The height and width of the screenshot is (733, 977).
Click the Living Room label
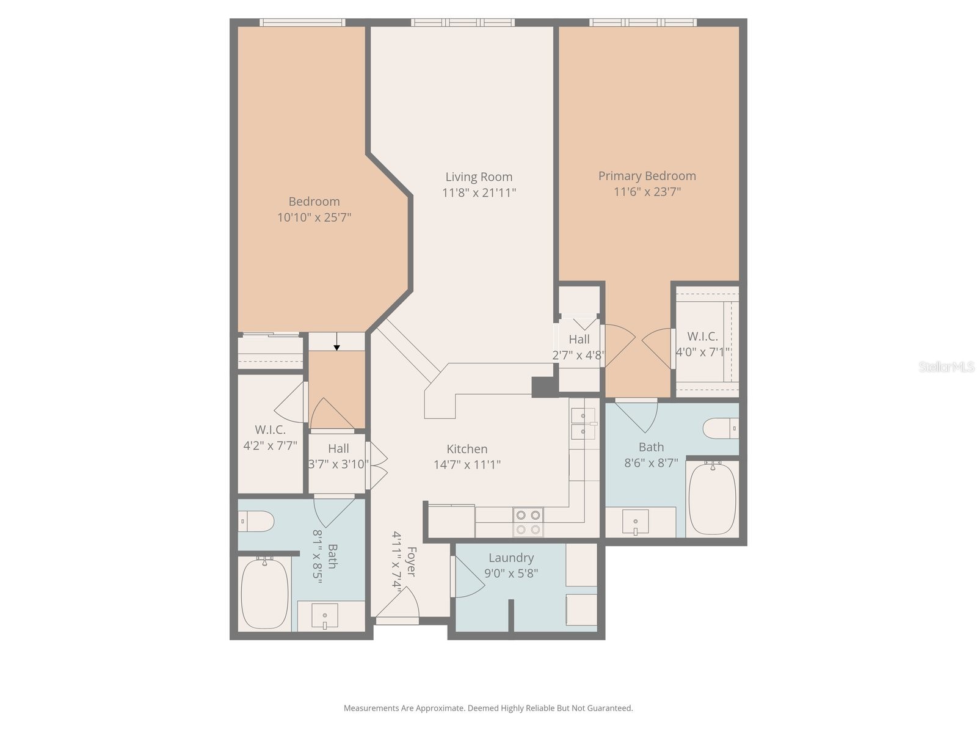pos(479,177)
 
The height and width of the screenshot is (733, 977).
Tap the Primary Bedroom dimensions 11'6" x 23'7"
pos(647,192)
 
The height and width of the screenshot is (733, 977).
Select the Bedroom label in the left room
pos(314,202)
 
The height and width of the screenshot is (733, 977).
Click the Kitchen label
pos(467,449)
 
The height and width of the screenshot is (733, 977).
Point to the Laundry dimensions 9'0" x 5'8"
pos(511,574)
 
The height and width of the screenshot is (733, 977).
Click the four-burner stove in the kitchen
pos(528,522)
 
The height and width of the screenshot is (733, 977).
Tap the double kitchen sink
pos(583,424)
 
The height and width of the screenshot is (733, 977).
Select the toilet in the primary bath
pos(721,428)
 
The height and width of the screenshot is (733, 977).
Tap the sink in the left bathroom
pos(324,615)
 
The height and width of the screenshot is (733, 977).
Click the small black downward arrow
pos(336,346)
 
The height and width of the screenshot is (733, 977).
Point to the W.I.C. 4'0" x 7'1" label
pos(703,344)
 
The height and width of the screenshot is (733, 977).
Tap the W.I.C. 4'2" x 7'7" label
pos(270,437)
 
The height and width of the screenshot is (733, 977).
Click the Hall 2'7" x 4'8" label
pos(579,347)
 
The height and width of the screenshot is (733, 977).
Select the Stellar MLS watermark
pos(946,366)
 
